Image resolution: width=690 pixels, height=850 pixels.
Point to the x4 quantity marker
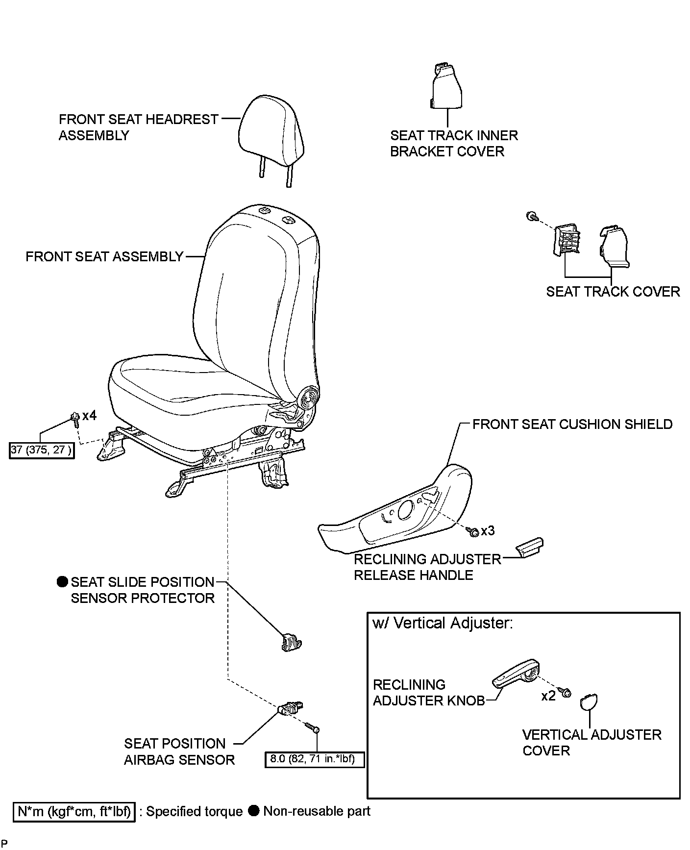click(89, 416)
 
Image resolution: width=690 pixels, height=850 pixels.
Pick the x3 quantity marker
click(488, 530)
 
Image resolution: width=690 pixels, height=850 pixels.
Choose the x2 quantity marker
click(548, 696)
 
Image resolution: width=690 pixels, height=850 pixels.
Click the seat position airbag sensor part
click(290, 708)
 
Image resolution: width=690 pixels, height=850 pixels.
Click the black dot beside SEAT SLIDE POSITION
click(62, 582)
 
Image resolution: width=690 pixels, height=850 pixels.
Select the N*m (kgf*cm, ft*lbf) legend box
click(74, 812)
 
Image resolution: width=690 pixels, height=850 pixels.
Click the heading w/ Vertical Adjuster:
click(443, 624)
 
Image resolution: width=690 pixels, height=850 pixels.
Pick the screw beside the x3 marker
click(473, 531)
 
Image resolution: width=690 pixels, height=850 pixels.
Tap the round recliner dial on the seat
click(310, 396)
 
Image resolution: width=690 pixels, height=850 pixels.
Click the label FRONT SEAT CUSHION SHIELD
click(572, 424)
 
